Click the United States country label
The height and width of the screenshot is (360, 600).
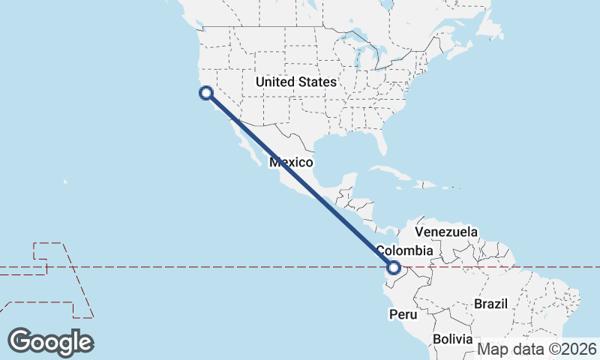295,82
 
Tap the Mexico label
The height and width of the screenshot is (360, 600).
291,162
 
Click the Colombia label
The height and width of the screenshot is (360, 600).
404,250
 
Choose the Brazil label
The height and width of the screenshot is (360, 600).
491,304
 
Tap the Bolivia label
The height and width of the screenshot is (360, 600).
452,339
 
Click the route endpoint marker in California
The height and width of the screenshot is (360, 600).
205,93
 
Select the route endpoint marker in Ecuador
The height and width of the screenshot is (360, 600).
394,266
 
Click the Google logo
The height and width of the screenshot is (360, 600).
50,341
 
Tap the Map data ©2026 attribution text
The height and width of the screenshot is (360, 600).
537,349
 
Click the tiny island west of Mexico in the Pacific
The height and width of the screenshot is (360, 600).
65,181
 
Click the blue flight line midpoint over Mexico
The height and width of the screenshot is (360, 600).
300,180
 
